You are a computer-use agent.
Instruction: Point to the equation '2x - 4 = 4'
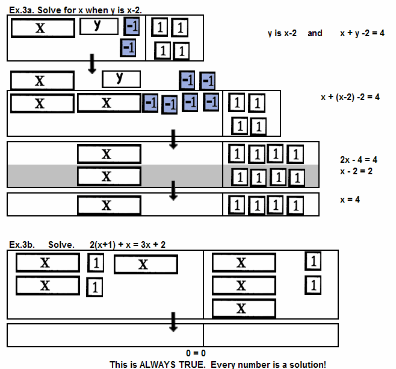point(358,160)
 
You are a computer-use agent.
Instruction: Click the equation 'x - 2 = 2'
point(356,171)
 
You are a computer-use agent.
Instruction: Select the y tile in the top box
point(99,26)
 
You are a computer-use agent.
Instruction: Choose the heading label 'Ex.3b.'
point(22,245)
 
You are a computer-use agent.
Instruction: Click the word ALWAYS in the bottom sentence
point(158,364)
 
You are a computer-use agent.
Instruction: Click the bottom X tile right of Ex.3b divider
point(243,309)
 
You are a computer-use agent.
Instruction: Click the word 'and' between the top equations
point(315,33)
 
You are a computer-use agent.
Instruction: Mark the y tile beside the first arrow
point(121,78)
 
